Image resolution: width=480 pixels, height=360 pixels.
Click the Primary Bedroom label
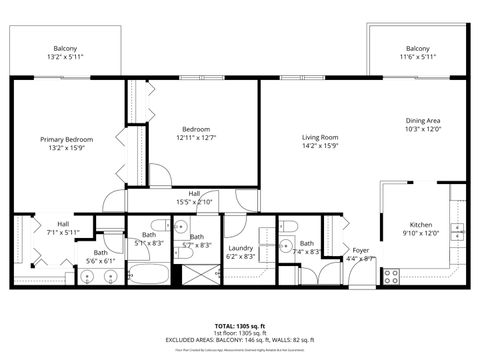[x=67, y=139]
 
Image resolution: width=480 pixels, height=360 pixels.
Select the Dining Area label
[x=423, y=120]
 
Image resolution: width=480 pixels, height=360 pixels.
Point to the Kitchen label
[x=421, y=225]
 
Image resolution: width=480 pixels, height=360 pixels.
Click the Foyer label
[x=361, y=251]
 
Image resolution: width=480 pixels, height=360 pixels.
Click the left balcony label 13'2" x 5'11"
[x=67, y=57]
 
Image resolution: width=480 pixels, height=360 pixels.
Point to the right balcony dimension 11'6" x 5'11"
[x=418, y=57]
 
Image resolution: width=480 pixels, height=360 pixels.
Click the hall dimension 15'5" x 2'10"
[x=194, y=201]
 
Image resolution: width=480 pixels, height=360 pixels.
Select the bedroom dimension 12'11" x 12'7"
[x=196, y=137]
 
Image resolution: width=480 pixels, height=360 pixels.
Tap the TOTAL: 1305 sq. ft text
[x=240, y=326]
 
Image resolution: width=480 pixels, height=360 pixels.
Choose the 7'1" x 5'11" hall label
[x=63, y=232]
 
